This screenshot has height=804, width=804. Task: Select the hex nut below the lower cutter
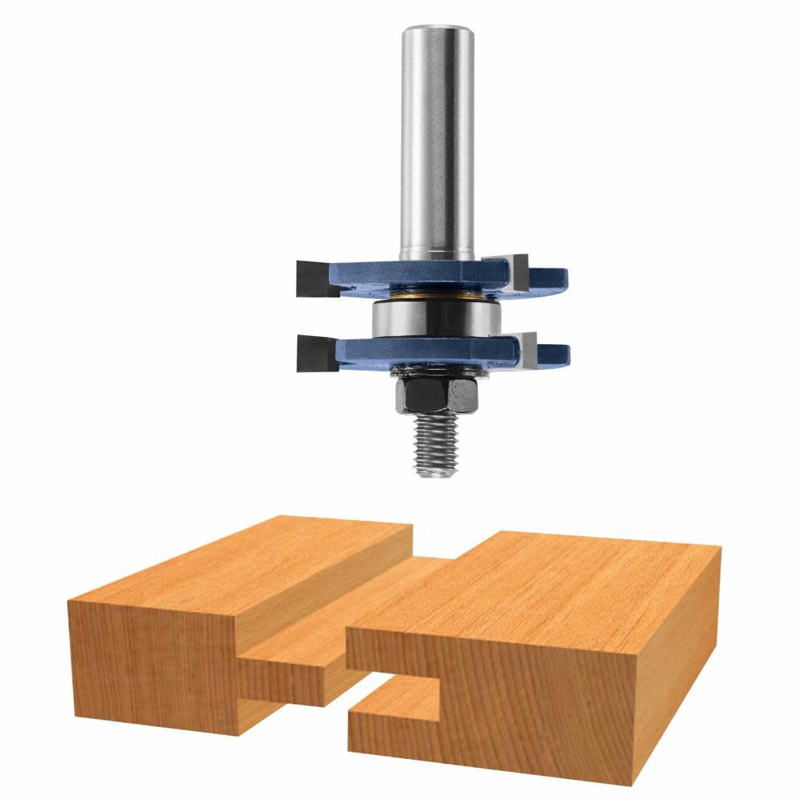(435, 394)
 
